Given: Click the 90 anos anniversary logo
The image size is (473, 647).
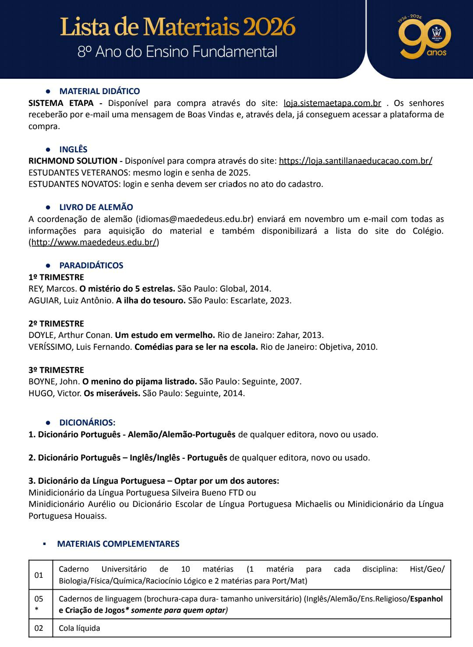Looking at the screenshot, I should [x=424, y=37].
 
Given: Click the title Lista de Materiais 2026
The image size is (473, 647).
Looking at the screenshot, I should [x=178, y=27].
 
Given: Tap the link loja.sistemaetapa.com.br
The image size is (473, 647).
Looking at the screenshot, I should [x=332, y=103].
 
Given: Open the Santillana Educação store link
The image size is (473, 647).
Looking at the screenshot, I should [x=355, y=161].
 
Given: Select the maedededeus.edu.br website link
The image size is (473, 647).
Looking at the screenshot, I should [x=94, y=243].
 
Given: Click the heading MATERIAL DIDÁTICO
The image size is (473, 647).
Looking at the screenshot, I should [x=99, y=91].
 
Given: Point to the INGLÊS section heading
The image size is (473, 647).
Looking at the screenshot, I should [x=73, y=150].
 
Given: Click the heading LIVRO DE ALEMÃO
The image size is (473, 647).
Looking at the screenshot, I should [x=96, y=207].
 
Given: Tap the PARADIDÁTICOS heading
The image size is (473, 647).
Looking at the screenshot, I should [x=91, y=266].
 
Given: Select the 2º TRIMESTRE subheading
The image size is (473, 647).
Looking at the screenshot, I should [x=56, y=324].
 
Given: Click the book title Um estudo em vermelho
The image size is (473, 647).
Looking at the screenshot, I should [x=165, y=335].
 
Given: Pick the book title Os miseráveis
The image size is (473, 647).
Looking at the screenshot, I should [x=112, y=393].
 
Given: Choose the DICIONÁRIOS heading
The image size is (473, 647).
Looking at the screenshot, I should [x=87, y=423].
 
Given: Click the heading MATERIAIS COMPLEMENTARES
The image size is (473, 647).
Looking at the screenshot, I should [x=118, y=544].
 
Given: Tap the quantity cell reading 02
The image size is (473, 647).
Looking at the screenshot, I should [x=39, y=629].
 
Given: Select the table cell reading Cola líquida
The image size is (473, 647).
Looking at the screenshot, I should [x=79, y=629].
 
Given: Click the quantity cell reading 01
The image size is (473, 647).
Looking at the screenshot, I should [x=39, y=575].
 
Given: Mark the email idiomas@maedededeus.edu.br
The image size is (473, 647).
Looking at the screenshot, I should [x=195, y=219].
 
